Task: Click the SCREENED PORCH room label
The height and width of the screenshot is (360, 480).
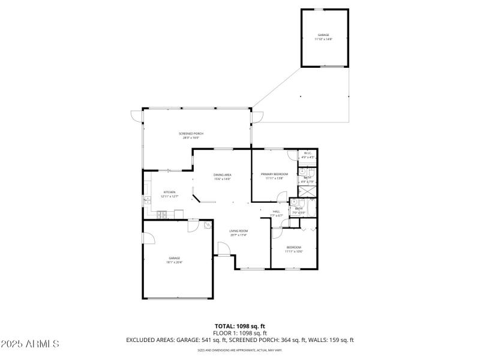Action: click(191, 133)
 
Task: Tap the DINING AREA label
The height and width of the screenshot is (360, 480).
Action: click(223, 175)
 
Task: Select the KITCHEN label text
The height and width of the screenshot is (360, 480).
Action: click(169, 192)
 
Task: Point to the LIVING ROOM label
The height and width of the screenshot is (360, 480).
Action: click(239, 230)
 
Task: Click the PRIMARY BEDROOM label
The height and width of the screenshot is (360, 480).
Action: click(274, 174)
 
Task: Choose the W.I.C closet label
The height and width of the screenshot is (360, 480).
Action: click(307, 154)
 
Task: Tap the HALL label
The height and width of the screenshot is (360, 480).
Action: click(277, 211)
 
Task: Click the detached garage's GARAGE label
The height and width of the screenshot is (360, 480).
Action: click(323, 35)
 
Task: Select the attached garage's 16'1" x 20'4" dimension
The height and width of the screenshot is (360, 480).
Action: click(174, 262)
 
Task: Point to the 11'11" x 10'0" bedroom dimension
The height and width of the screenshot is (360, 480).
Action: click(293, 251)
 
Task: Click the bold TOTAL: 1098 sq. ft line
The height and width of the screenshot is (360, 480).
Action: click(240, 326)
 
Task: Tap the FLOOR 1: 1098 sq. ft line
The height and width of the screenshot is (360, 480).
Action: click(240, 332)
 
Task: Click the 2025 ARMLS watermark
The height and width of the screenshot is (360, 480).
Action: click(30, 344)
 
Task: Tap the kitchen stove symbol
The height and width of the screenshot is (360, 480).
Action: click(161, 215)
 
